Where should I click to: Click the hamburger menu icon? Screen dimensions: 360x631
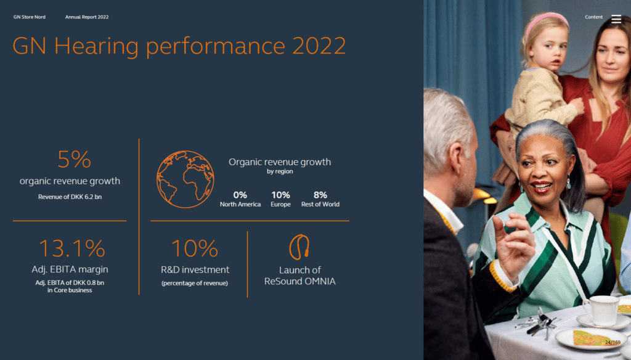pyautogui.click(x=616, y=18)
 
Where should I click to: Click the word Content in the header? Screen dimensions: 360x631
pyautogui.click(x=593, y=17)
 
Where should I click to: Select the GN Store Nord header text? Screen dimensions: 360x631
pyautogui.click(x=30, y=17)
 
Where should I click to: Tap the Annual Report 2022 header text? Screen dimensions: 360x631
pyautogui.click(x=87, y=17)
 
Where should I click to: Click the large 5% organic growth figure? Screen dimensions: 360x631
pyautogui.click(x=74, y=160)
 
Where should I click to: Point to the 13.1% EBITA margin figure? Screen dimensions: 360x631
pyautogui.click(x=71, y=248)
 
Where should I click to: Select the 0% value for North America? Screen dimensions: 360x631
pyautogui.click(x=240, y=195)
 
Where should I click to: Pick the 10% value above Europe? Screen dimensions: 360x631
pyautogui.click(x=280, y=195)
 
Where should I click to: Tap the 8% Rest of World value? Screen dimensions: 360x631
pyautogui.click(x=320, y=195)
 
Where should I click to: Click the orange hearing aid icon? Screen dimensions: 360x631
pyautogui.click(x=299, y=247)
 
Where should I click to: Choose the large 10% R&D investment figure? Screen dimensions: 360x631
pyautogui.click(x=195, y=248)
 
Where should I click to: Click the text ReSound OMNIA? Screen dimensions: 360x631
pyautogui.click(x=300, y=282)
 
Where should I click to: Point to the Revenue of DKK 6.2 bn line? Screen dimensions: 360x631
pyautogui.click(x=70, y=197)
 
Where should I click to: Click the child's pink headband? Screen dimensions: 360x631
pyautogui.click(x=546, y=18)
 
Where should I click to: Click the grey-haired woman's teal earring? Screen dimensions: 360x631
pyautogui.click(x=568, y=183)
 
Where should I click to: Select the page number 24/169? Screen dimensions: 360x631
pyautogui.click(x=613, y=342)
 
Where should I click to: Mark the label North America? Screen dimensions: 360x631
pyautogui.click(x=240, y=204)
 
